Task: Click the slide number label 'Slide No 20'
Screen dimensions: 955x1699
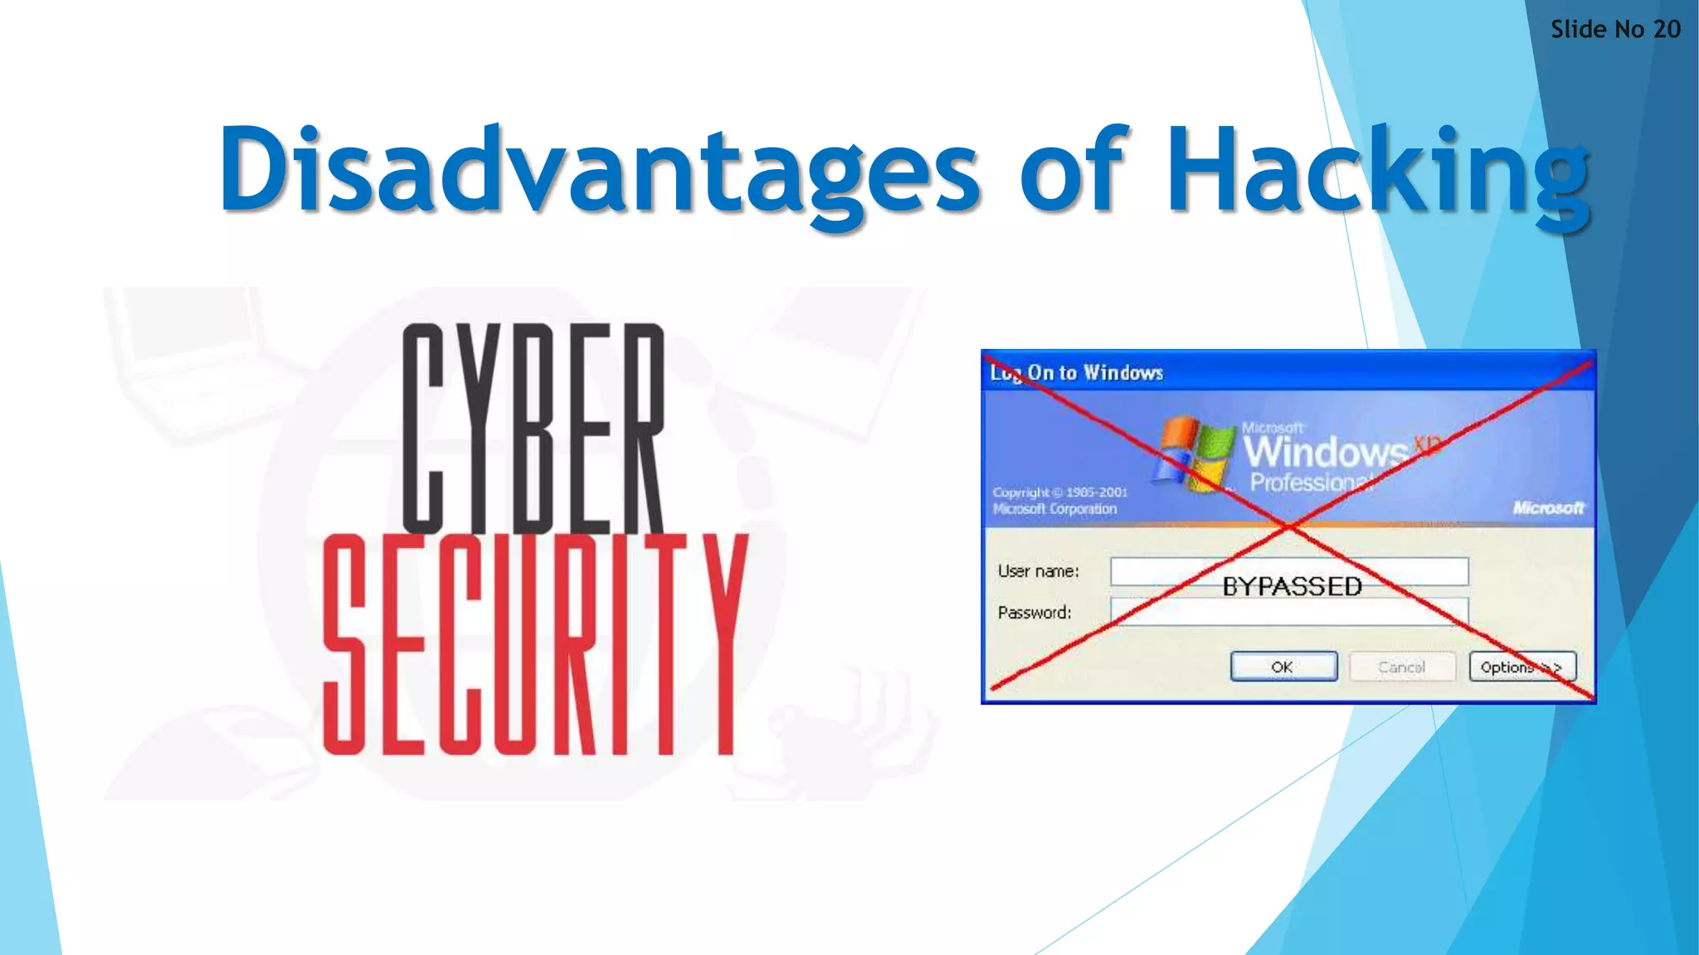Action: tap(1614, 30)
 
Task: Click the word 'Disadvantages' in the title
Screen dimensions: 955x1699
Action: tap(599, 170)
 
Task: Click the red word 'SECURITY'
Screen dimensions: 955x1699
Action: tap(535, 644)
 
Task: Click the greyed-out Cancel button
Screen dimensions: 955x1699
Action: tap(1401, 667)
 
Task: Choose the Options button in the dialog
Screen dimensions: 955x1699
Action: tap(1521, 667)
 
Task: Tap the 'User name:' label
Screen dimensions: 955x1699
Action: tap(1038, 571)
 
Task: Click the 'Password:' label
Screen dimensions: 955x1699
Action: tap(1034, 613)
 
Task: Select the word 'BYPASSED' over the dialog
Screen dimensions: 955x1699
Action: tap(1292, 587)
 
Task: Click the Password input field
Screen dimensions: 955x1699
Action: tap(1289, 613)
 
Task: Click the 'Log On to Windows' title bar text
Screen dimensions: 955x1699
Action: tap(1077, 373)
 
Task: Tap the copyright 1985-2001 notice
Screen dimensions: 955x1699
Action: tap(1059, 501)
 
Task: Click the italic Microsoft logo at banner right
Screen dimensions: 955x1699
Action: tap(1548, 507)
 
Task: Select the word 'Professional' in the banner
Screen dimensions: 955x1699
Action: tap(1311, 482)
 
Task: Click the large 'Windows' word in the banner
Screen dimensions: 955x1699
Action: tap(1325, 452)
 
